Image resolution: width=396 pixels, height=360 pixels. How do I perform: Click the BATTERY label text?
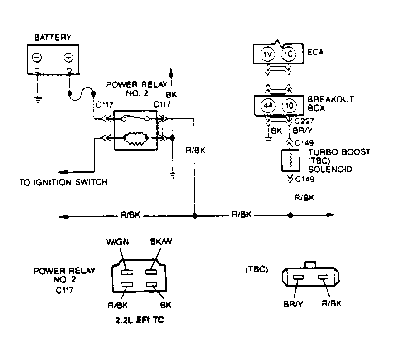(x=53, y=38)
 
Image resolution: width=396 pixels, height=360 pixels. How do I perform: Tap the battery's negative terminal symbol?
(x=37, y=58)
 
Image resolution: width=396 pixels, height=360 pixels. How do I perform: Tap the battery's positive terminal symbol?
(x=68, y=58)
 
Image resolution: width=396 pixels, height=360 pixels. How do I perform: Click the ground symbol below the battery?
(x=38, y=100)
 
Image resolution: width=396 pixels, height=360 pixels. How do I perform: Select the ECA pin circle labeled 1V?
(x=267, y=54)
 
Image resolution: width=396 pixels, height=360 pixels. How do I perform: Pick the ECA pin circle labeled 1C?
(x=288, y=54)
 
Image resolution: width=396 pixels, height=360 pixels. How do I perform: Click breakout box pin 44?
(x=267, y=105)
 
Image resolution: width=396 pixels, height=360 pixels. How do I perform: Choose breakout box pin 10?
(x=289, y=105)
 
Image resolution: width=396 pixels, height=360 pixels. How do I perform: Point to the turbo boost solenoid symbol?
(x=290, y=161)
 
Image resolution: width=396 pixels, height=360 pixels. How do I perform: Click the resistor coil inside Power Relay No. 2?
(x=135, y=139)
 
